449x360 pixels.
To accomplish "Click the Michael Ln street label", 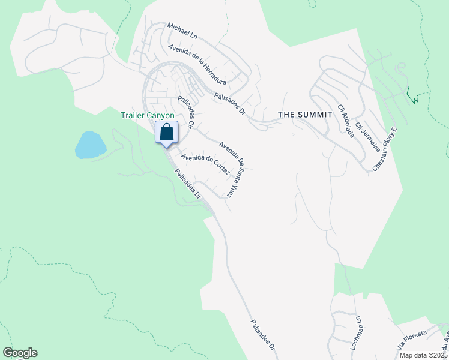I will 182,31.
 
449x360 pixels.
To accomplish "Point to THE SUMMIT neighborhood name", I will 304,114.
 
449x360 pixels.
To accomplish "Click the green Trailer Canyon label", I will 147,115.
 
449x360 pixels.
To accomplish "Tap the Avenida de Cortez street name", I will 206,165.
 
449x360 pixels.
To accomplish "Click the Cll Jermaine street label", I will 362,133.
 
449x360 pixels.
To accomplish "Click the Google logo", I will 20,353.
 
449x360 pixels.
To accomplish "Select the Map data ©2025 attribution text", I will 424,355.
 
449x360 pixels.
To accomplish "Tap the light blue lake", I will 91,145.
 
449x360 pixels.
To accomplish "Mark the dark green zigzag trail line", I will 413,96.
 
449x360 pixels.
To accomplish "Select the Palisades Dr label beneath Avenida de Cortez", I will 187,184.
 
